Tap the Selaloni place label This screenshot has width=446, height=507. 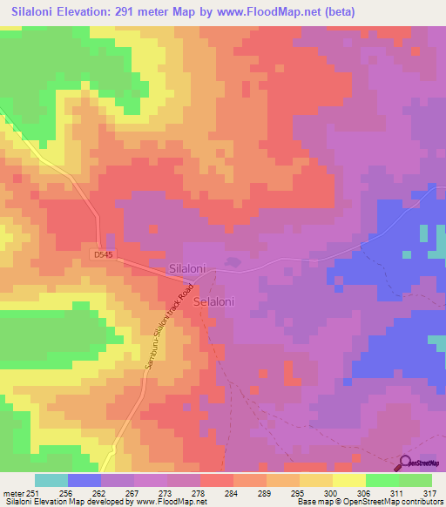tap(214, 301)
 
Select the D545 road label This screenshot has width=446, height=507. tap(104, 254)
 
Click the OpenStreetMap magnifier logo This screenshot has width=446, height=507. tap(406, 463)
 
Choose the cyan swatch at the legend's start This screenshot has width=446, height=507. tap(51, 480)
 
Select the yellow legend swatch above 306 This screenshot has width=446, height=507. tap(348, 480)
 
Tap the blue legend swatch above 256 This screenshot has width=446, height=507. tap(84, 480)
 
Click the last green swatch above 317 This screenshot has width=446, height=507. tap(416, 480)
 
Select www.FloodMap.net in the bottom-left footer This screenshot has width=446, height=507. tap(170, 502)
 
